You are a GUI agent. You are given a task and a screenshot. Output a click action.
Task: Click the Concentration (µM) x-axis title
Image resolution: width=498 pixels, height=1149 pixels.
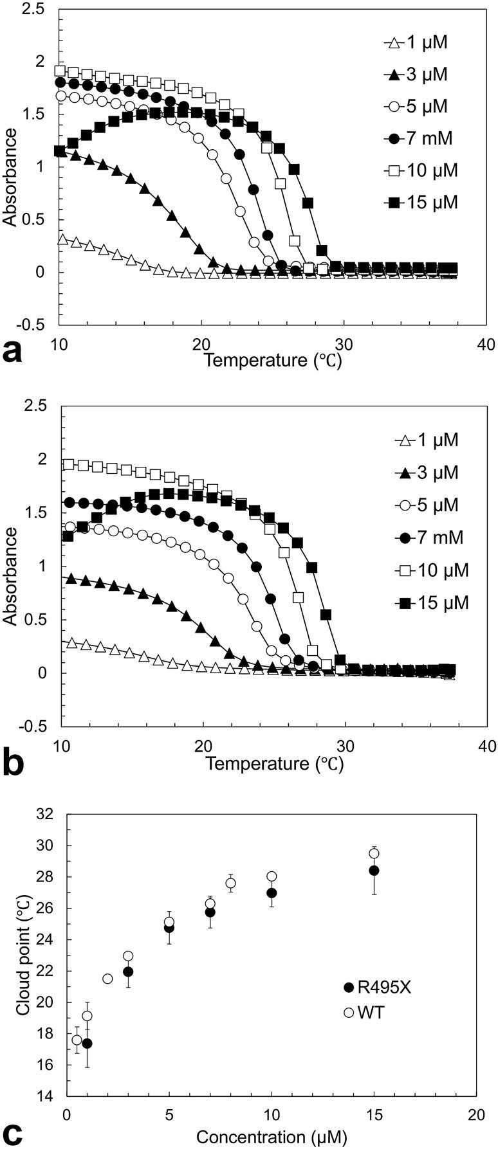271,1137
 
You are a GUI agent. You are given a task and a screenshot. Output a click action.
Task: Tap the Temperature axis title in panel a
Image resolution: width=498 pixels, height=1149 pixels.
272,359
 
